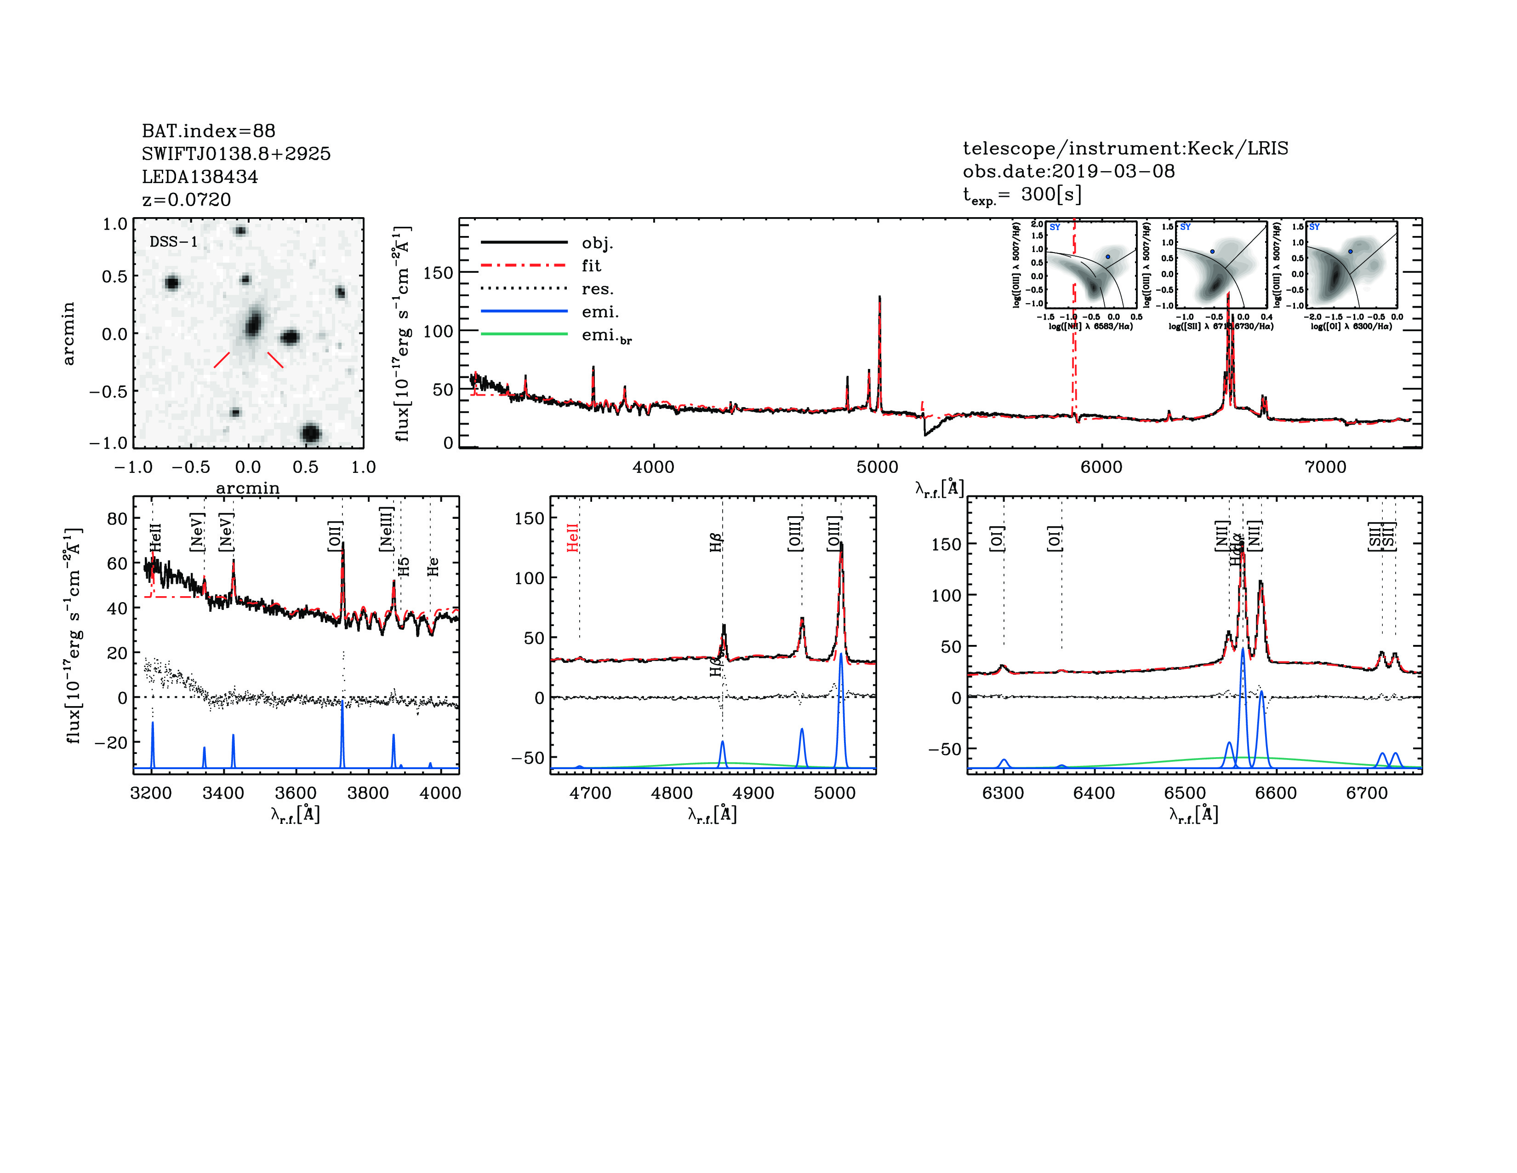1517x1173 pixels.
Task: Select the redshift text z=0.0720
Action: (x=186, y=200)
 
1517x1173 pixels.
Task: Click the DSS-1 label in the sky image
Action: (x=174, y=242)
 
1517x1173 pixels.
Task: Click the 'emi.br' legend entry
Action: (x=606, y=336)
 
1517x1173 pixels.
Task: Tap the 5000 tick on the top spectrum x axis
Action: (x=877, y=467)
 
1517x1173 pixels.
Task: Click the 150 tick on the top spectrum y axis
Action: (x=438, y=273)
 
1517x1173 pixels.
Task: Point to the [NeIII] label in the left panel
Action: (x=387, y=529)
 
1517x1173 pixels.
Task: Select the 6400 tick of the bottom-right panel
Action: (x=1094, y=793)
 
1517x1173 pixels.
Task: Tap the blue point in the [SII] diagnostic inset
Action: (x=1212, y=252)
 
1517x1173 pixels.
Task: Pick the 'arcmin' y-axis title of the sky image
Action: (x=68, y=333)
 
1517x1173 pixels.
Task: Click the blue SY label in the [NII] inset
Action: (x=1055, y=227)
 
